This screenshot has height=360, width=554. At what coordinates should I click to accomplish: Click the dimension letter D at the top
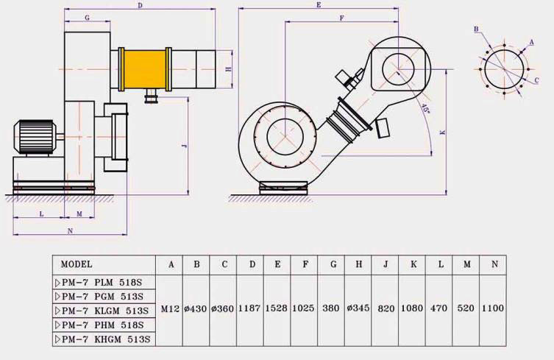click(x=140, y=6)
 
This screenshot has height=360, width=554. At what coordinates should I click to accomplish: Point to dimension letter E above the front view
click(x=318, y=5)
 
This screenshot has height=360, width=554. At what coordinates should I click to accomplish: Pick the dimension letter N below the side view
click(x=70, y=230)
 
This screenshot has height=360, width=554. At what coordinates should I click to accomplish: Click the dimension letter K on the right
click(x=442, y=133)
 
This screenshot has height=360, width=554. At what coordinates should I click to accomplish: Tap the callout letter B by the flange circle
click(x=477, y=29)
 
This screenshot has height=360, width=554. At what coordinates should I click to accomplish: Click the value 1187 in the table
click(x=250, y=309)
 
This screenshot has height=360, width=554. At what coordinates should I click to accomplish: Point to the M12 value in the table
click(x=171, y=309)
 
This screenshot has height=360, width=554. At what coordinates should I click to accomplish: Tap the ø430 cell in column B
click(x=196, y=309)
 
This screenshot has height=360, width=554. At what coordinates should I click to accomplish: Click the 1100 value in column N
click(x=493, y=309)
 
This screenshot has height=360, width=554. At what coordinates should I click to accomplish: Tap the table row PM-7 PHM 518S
click(x=102, y=325)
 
